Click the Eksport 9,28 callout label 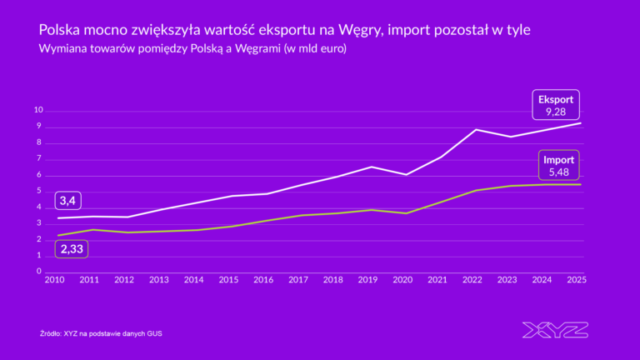tap(556, 104)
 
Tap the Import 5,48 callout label tap(558, 165)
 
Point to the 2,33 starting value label tap(72, 248)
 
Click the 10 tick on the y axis tap(37, 111)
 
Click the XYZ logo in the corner tap(555, 330)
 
